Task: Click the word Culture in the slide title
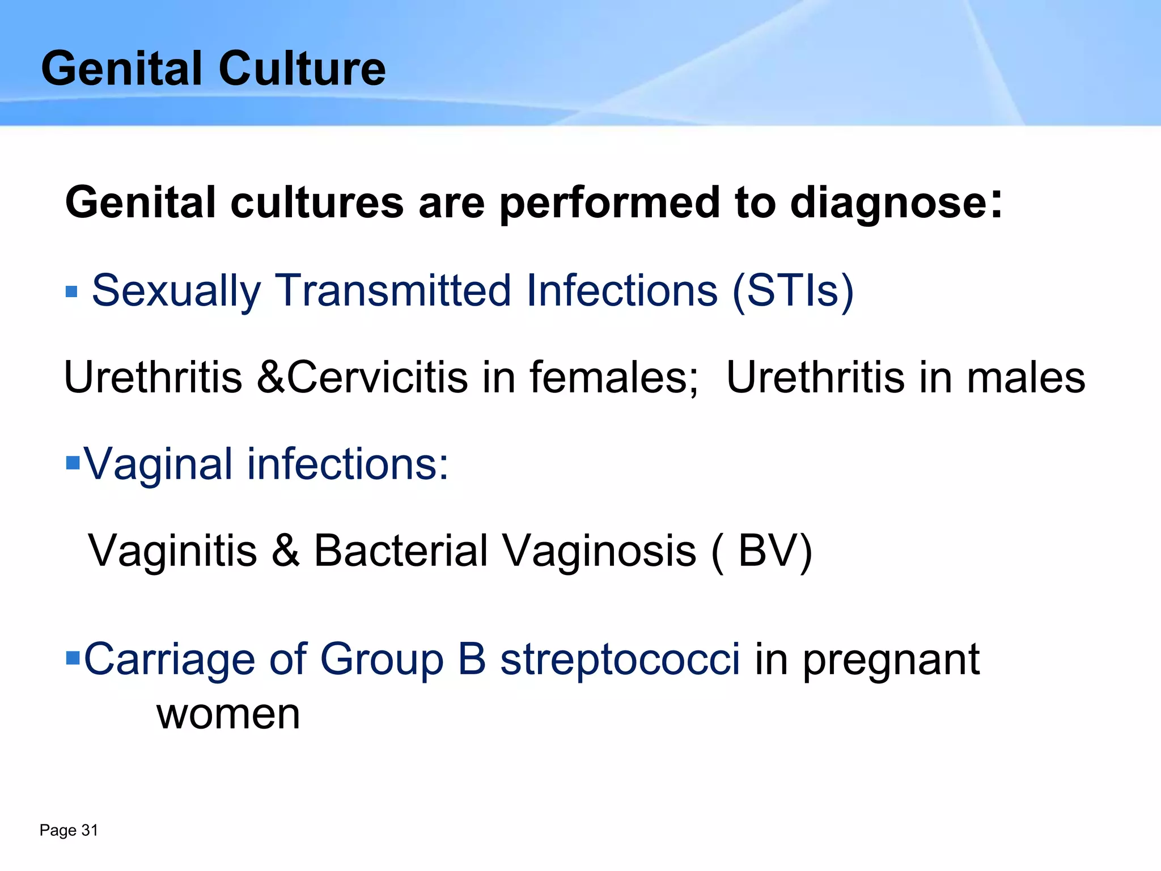point(302,69)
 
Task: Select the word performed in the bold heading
point(609,202)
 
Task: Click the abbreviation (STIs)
point(793,290)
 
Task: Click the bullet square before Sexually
point(71,292)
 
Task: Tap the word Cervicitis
point(378,377)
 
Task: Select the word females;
point(614,377)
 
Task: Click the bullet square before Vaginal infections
point(73,463)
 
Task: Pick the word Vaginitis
point(172,551)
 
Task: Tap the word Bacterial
point(400,551)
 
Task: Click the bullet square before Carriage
point(73,658)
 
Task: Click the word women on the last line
point(228,714)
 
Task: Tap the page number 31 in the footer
point(90,830)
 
